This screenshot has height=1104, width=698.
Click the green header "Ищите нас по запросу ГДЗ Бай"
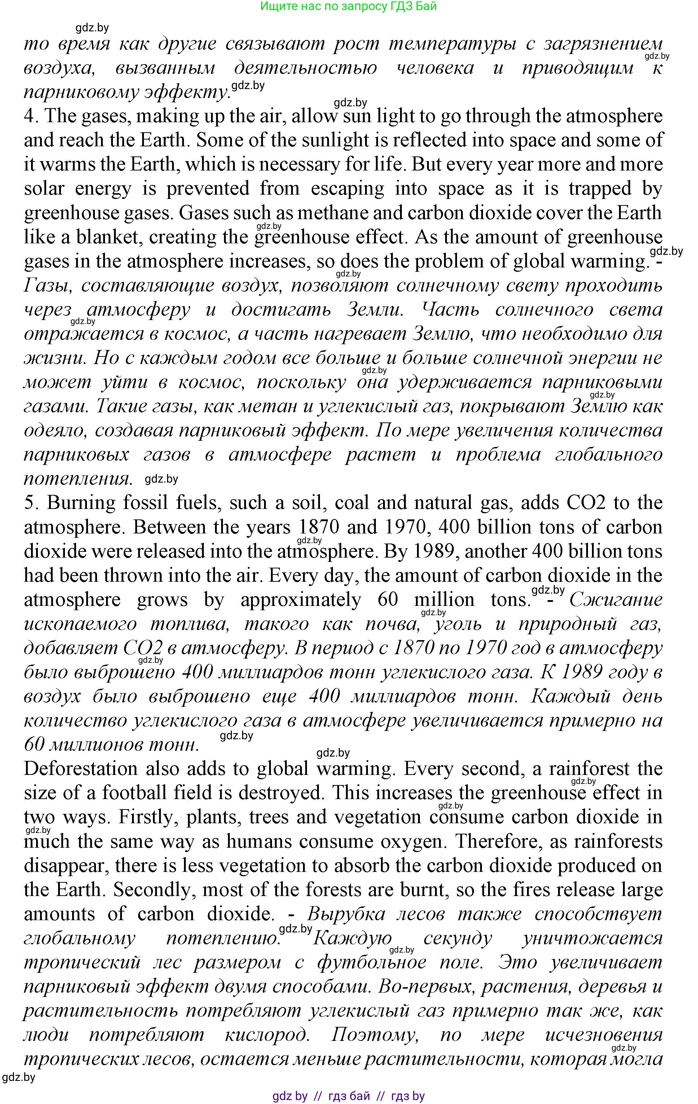tap(349, 6)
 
